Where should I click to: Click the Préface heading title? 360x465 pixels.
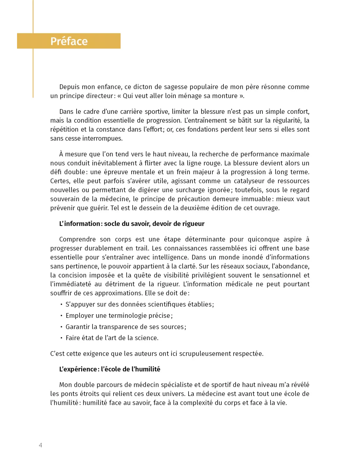(x=69, y=41)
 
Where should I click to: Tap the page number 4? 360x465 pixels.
(x=41, y=445)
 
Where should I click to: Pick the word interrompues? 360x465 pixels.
(x=102, y=138)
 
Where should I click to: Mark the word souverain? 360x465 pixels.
(x=65, y=199)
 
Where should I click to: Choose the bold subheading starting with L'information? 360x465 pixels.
(x=132, y=224)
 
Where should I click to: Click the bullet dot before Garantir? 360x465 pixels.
(x=61, y=327)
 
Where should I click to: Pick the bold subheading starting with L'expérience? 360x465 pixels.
(x=110, y=369)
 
